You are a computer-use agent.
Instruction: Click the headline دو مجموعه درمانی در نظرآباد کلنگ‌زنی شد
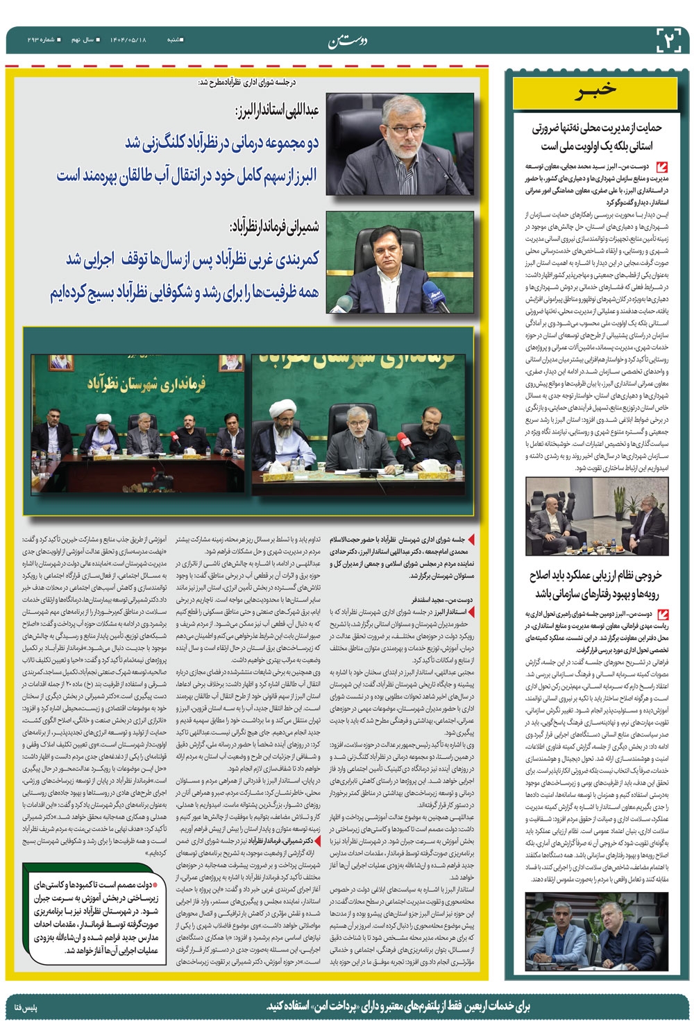click(221, 143)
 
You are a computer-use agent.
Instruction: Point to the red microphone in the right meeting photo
click(403, 439)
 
